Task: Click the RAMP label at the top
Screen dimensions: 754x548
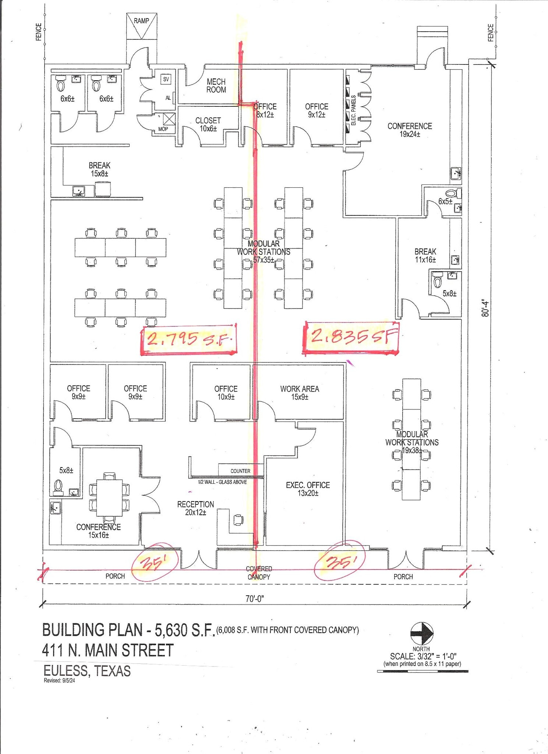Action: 141,21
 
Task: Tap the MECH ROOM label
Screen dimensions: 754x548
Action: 216,86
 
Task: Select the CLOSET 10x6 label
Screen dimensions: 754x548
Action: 208,124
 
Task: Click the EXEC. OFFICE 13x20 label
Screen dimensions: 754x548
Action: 308,489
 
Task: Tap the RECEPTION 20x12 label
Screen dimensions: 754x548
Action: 195,508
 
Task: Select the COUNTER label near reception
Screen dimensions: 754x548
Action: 240,471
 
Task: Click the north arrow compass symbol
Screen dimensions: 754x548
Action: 422,633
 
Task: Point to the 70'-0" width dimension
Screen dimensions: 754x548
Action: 255,599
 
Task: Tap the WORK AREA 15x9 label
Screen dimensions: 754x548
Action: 300,393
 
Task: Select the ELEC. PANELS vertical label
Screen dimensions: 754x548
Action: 354,110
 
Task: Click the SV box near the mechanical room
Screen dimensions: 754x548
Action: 166,79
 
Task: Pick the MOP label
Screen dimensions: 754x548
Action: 163,129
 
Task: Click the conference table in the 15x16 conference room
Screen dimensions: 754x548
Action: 110,498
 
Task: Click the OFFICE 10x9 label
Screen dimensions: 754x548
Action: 226,393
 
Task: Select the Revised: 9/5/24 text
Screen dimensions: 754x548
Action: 59,680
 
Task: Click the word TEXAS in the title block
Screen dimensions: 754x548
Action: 113,671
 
